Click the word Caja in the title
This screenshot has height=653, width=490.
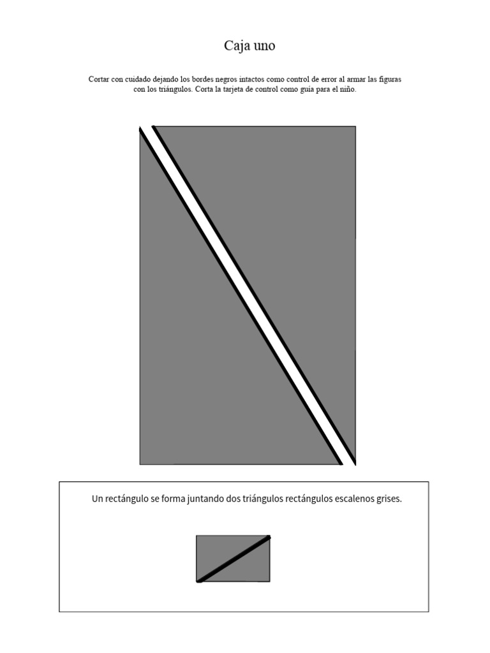click(236, 46)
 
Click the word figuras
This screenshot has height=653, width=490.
click(387, 79)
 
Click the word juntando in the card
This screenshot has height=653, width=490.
click(205, 499)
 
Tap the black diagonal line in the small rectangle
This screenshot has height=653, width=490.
click(234, 559)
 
